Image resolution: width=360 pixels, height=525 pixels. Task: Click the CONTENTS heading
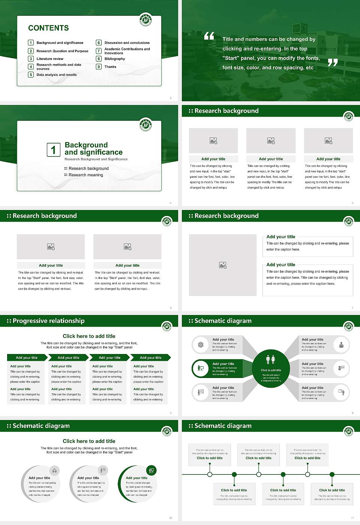[48, 28]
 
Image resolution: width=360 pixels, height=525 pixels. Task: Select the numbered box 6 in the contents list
[99, 43]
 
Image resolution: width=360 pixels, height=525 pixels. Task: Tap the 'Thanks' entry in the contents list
[110, 67]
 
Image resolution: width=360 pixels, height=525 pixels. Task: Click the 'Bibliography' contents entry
[115, 59]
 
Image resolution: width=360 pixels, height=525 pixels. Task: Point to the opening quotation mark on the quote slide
[209, 36]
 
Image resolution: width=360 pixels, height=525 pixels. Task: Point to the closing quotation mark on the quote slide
[333, 63]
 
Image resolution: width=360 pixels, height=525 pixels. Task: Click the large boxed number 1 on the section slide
[53, 150]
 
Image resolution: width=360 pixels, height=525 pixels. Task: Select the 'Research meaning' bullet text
[85, 175]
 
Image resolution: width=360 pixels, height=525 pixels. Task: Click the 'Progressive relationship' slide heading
[48, 321]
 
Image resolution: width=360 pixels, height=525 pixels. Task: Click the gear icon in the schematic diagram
[201, 345]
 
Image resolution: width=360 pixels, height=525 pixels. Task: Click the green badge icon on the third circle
[151, 470]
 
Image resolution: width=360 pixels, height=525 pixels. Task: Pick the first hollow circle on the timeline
[210, 474]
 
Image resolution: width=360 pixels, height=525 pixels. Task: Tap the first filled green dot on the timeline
[234, 474]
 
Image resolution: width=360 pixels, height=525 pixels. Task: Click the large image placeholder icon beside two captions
[223, 265]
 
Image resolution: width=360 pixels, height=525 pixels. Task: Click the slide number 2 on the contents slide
[171, 98]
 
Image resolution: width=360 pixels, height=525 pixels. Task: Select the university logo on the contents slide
[145, 19]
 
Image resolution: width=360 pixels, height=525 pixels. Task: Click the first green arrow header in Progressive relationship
[27, 358]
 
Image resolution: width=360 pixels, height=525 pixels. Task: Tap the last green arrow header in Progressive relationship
[151, 358]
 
